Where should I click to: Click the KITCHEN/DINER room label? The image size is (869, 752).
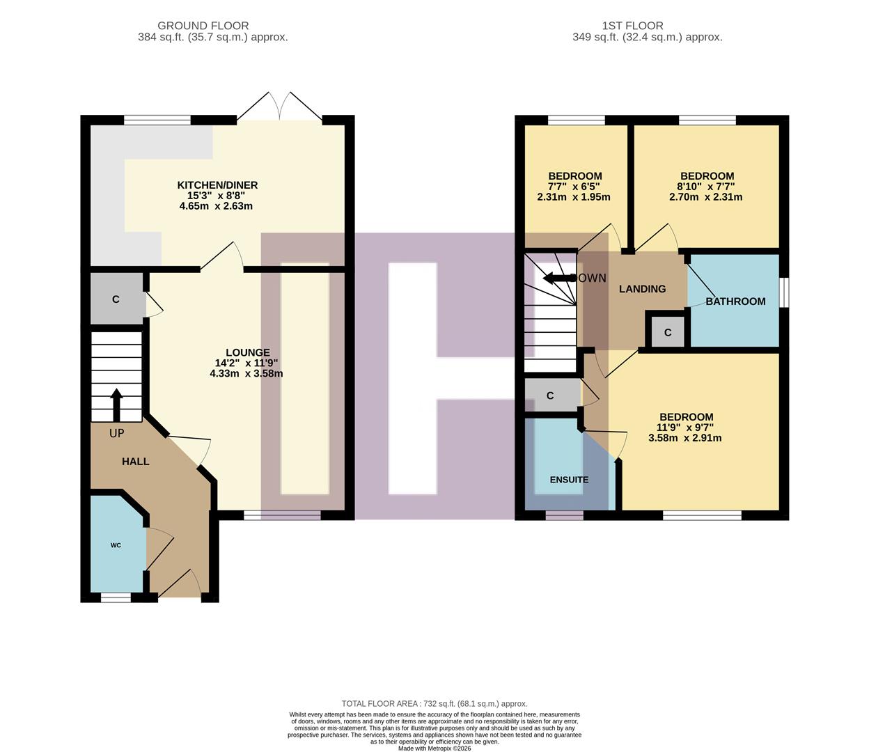tap(217, 185)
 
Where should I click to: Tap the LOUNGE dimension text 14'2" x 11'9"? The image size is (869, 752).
tap(246, 363)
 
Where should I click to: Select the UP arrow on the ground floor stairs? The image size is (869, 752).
tap(116, 405)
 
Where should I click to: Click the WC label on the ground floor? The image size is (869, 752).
tap(116, 545)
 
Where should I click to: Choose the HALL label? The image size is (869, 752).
tap(135, 462)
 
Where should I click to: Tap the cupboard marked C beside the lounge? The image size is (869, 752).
tap(116, 299)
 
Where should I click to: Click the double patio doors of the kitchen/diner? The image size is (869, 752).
tap(280, 108)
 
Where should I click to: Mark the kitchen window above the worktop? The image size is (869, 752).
tap(157, 120)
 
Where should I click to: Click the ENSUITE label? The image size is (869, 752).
tap(569, 480)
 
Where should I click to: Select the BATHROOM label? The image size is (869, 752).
tap(735, 301)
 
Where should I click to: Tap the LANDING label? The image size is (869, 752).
tap(642, 289)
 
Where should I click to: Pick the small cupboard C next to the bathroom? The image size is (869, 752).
tap(667, 333)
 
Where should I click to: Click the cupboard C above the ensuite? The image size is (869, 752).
tap(550, 396)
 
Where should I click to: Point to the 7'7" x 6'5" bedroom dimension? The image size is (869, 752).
tap(574, 187)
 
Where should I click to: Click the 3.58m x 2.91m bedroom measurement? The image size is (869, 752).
tap(684, 438)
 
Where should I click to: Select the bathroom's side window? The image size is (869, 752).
tap(784, 292)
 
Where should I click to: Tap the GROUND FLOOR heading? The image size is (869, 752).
tap(203, 26)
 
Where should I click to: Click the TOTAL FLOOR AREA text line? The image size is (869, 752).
tap(434, 704)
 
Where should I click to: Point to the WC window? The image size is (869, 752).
tap(116, 597)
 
